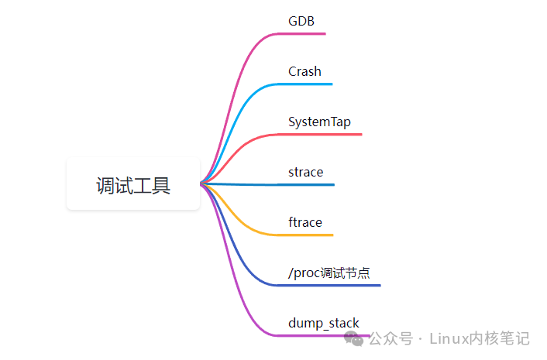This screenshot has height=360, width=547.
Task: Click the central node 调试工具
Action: (x=133, y=184)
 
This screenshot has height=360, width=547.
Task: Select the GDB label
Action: (x=301, y=21)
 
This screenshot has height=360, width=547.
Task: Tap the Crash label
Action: (x=304, y=71)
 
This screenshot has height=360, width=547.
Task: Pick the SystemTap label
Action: (x=319, y=122)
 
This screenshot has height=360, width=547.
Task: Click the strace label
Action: (x=305, y=172)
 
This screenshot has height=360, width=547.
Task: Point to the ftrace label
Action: (x=304, y=222)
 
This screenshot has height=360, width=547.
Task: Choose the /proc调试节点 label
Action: (x=329, y=273)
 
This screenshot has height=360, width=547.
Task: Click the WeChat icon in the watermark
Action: (x=355, y=338)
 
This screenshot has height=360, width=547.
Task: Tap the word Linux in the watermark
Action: (x=449, y=339)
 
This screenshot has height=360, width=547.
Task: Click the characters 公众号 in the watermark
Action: (x=390, y=339)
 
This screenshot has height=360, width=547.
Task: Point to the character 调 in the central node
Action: (x=105, y=185)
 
